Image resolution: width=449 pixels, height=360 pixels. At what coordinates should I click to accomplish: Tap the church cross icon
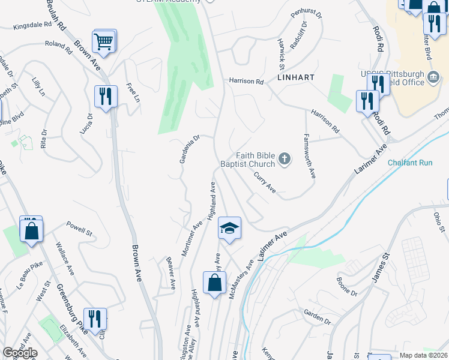pyautogui.click(x=285, y=159)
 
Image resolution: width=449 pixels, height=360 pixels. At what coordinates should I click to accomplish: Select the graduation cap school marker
pyautogui.click(x=229, y=229)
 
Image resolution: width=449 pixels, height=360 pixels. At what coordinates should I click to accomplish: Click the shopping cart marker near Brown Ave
pyautogui.click(x=104, y=41)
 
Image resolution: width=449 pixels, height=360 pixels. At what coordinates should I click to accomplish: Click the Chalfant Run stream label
pyautogui.click(x=410, y=163)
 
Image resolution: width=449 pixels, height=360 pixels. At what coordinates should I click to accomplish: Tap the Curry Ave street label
pyautogui.click(x=265, y=182)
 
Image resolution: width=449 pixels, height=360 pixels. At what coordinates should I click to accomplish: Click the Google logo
pyautogui.click(x=20, y=353)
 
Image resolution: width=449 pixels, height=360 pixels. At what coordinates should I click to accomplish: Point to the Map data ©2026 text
pyautogui.click(x=423, y=355)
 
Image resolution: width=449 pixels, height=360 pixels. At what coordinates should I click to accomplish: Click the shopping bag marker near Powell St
pyautogui.click(x=31, y=230)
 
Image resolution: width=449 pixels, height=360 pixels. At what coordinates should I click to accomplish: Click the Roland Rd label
pyautogui.click(x=58, y=44)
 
